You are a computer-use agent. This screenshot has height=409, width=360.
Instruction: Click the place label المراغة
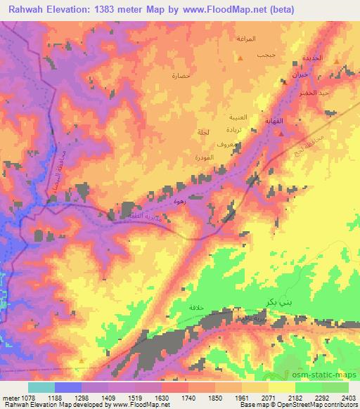coord(256,37)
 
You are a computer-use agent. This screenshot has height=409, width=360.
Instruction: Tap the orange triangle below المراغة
coord(240,57)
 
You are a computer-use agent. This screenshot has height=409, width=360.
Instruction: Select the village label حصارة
coord(181,74)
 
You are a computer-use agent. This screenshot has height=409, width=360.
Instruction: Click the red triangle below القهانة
coord(280,133)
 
